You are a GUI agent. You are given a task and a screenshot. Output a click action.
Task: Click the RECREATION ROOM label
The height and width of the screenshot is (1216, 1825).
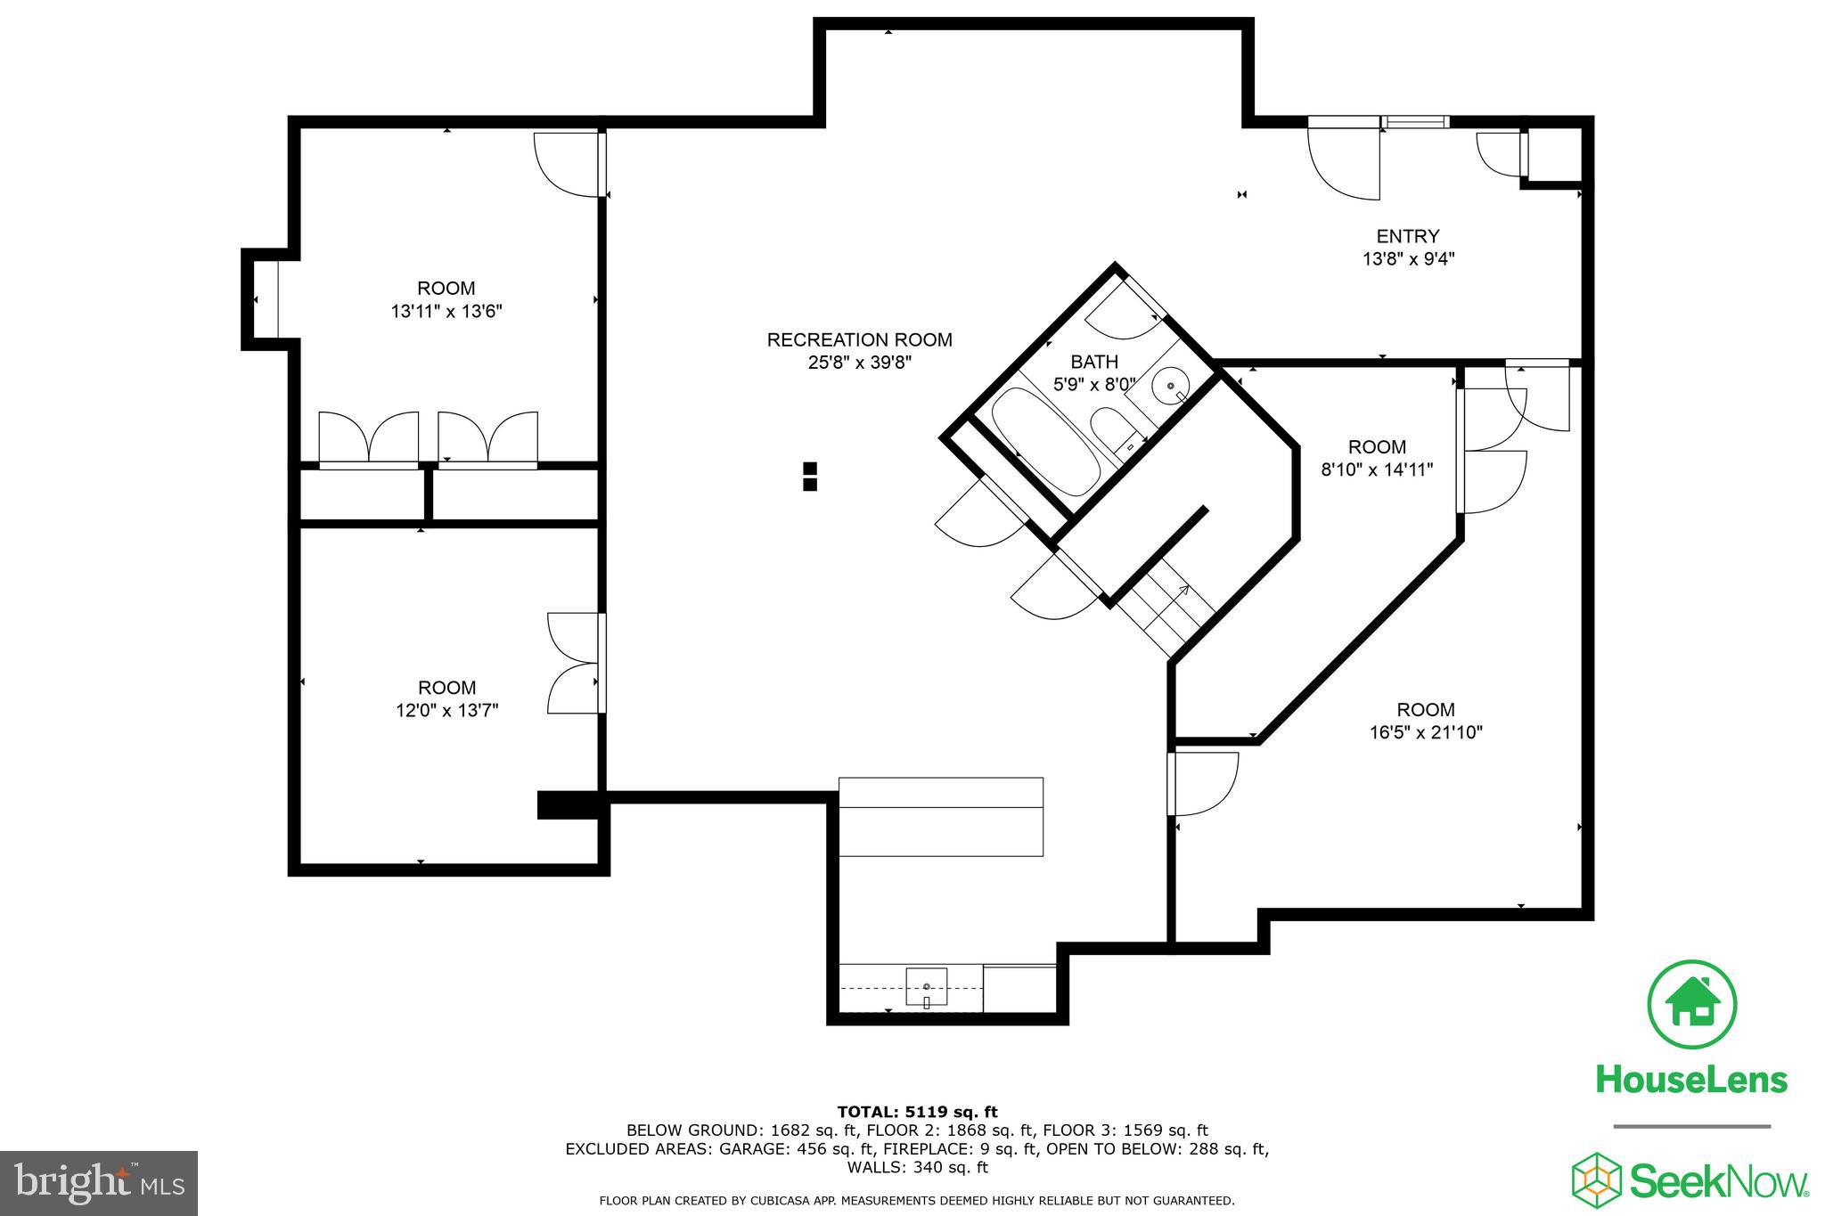coord(859,340)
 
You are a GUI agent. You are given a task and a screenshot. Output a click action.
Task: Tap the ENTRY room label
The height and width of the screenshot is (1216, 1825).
coord(1407,236)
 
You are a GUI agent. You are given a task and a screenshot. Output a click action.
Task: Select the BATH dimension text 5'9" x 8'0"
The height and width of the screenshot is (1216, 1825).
coord(1094,385)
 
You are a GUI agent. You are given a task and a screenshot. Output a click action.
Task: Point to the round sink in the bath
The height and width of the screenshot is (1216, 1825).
coord(1170,388)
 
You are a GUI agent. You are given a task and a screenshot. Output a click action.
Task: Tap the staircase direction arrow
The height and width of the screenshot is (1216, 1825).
coord(1183,591)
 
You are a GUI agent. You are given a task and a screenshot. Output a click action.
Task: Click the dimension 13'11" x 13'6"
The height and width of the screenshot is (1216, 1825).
coord(446,312)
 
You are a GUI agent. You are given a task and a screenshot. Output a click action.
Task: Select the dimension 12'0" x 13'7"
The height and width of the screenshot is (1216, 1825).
coord(446,711)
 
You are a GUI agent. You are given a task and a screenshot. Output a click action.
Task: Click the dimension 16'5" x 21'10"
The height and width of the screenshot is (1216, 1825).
coord(1425,733)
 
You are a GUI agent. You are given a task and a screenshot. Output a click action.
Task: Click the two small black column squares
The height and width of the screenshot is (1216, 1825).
coord(810,477)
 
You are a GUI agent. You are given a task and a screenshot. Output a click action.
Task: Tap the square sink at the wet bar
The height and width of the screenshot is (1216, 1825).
coord(927,987)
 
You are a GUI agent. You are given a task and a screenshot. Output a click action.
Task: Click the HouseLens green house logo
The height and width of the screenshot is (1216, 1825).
coord(1691,1004)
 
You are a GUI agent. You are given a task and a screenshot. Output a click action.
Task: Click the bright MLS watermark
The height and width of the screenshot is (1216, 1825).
coord(99,1183)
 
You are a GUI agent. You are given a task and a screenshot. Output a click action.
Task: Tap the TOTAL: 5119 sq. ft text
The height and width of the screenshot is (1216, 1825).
coord(917,1112)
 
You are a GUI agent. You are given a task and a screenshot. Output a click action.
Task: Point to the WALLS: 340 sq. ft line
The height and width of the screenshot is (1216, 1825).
coord(917,1167)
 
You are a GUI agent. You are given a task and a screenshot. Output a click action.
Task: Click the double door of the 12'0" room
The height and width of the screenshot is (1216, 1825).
coord(575,663)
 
